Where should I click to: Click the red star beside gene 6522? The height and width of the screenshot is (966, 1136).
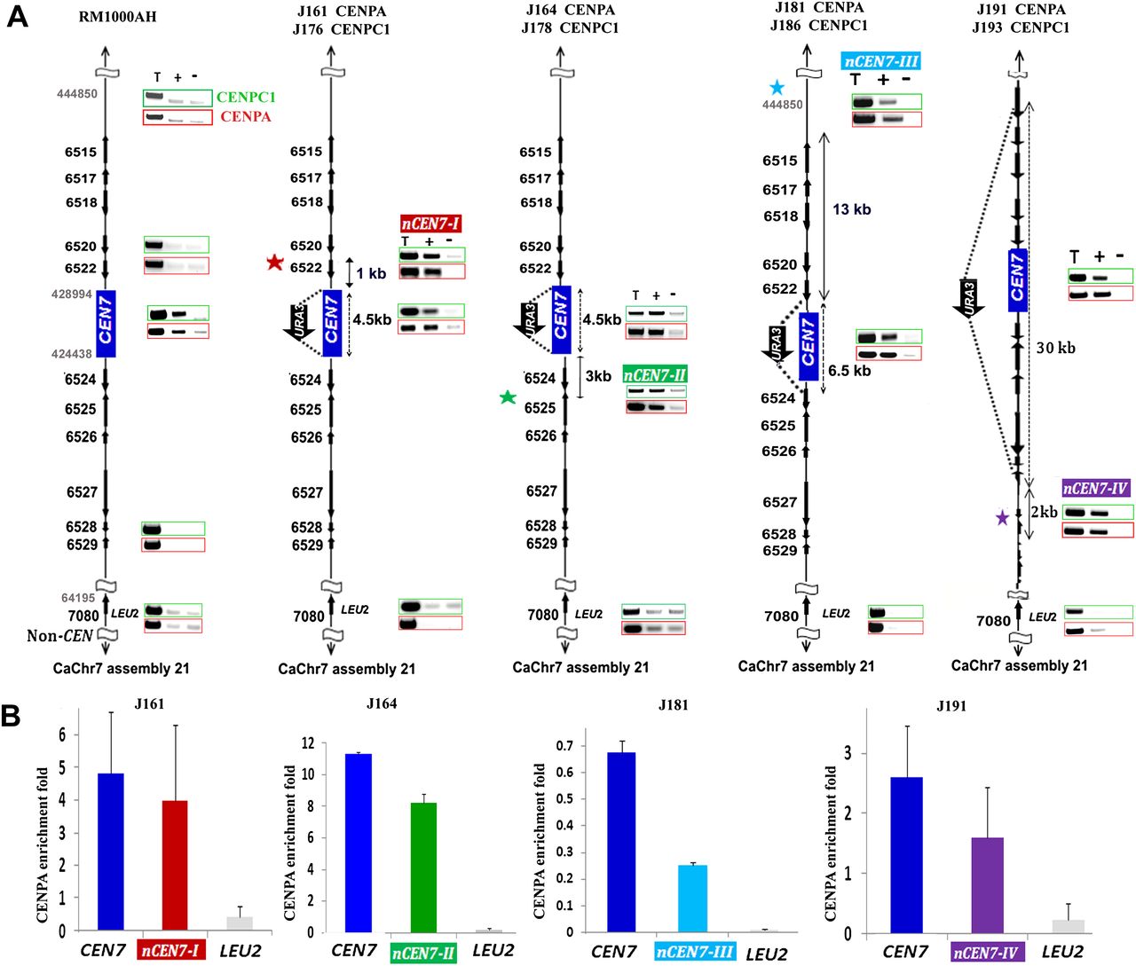tap(275, 263)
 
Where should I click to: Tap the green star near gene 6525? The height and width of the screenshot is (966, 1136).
tap(508, 397)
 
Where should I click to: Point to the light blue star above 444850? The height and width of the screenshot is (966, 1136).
tap(777, 87)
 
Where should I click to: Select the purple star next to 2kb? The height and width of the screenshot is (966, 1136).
tap(1003, 517)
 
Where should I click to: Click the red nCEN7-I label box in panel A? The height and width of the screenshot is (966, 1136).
tap(430, 224)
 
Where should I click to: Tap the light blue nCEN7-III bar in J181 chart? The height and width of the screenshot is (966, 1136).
tap(692, 898)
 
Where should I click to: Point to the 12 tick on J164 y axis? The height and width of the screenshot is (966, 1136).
tap(308, 743)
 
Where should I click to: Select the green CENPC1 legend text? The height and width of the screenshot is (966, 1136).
tap(246, 98)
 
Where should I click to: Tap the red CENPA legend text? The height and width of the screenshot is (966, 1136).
tap(246, 117)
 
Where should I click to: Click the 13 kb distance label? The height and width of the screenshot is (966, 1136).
tap(851, 209)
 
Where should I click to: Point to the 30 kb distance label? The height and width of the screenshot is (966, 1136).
tap(1055, 348)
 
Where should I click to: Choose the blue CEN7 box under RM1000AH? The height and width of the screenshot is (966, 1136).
tap(106, 323)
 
